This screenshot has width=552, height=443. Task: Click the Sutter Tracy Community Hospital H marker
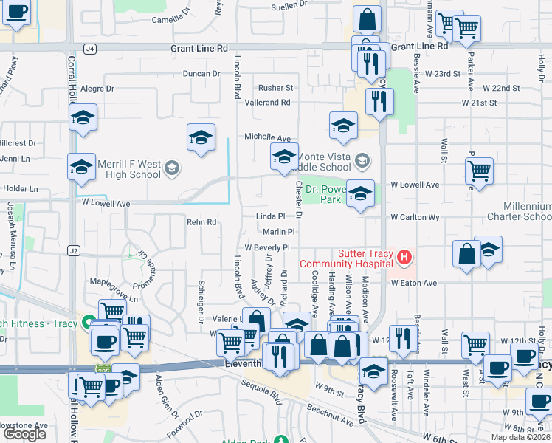coord(404,258)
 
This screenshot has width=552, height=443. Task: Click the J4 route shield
coord(90,49)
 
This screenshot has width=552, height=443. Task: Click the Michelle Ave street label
coord(268,137)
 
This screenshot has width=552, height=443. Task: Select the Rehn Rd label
coord(201,221)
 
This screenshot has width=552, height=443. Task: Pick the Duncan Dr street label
coord(201,73)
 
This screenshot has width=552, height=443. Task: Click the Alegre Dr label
coord(97,88)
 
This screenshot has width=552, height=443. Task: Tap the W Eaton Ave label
coord(414,283)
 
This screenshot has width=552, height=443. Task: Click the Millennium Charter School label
coord(518,211)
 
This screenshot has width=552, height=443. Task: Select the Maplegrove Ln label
coord(108,281)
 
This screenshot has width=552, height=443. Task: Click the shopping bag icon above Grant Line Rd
coord(367,19)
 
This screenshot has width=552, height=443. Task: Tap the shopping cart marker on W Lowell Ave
coord(479,171)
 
